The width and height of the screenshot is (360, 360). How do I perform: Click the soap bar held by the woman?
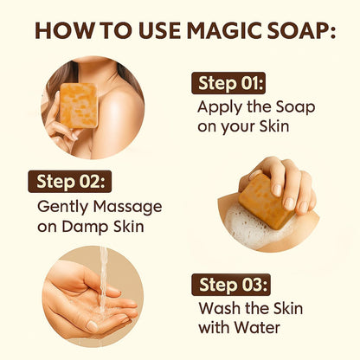(79, 105)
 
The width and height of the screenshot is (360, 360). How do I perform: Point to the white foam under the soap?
(251, 226)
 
